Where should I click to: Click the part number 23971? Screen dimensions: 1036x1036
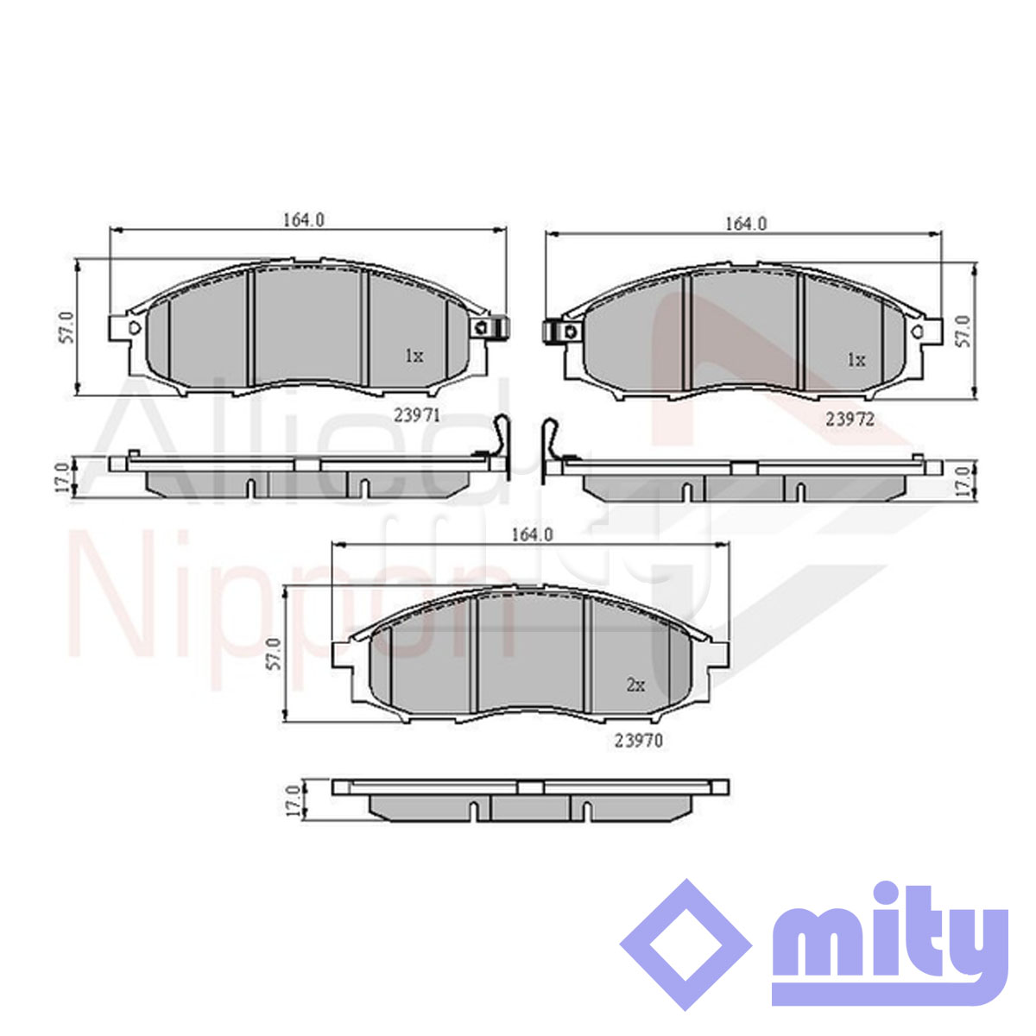(x=417, y=415)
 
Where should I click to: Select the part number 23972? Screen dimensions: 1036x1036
(x=850, y=420)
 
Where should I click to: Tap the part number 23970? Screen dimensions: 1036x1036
(x=639, y=741)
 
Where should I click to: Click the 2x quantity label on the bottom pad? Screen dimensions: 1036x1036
(x=635, y=685)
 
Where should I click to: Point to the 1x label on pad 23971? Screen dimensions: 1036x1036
(x=414, y=356)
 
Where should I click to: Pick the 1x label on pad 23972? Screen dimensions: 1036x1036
(x=856, y=360)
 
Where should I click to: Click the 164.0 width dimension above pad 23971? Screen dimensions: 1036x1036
(x=304, y=220)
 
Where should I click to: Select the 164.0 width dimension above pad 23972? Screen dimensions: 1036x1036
(x=746, y=224)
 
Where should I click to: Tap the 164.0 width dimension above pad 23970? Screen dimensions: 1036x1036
(x=533, y=534)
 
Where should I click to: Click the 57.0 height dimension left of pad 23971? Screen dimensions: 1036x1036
(x=66, y=327)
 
